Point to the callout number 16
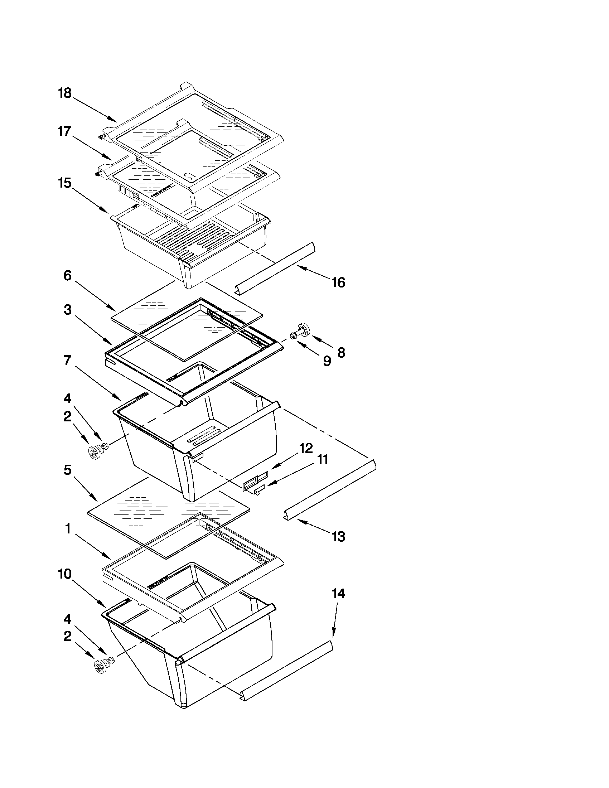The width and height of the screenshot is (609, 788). [338, 282]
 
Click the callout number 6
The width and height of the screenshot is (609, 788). [67, 276]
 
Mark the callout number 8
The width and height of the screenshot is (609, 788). [341, 352]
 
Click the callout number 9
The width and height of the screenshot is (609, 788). [327, 361]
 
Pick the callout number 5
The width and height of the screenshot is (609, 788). [67, 470]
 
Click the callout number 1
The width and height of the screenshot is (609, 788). [67, 529]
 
